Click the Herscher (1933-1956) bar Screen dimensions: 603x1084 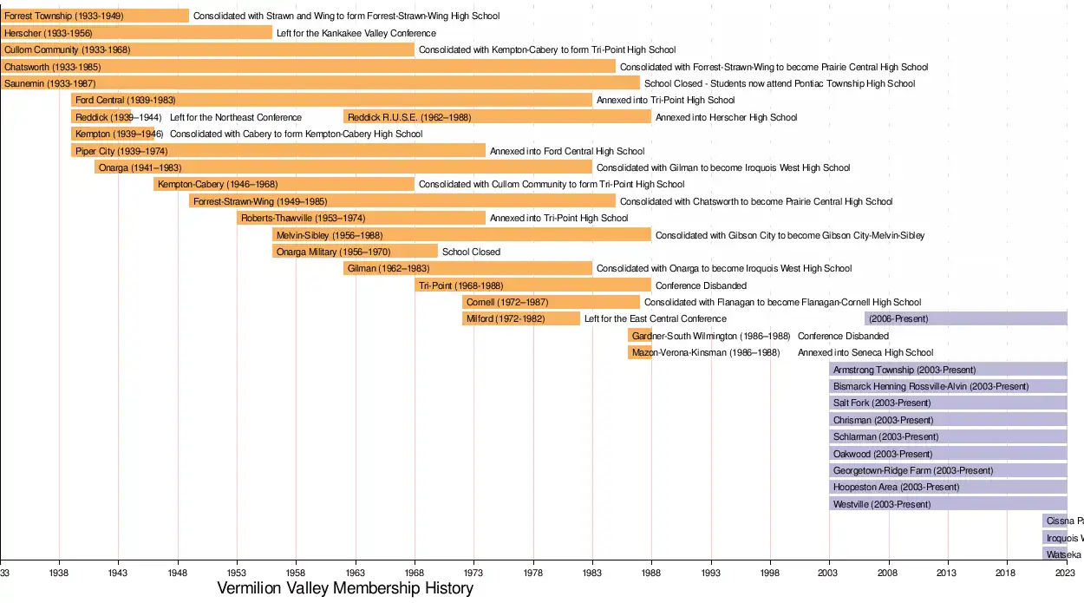click(x=136, y=33)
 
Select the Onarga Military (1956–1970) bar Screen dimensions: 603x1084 click(x=355, y=252)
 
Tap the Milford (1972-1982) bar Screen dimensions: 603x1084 click(x=521, y=319)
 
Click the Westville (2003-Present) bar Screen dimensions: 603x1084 click(x=948, y=504)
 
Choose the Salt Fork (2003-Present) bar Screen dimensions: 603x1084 click(x=948, y=403)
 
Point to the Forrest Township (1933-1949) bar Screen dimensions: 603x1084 click(x=95, y=16)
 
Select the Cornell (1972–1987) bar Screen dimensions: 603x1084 click(x=551, y=302)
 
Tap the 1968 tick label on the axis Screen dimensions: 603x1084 click(x=415, y=573)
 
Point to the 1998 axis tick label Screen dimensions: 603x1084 click(x=770, y=573)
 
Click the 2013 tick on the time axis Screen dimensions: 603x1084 click(x=948, y=573)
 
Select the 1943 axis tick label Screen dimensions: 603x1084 click(x=118, y=573)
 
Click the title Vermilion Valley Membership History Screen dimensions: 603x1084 click(x=345, y=589)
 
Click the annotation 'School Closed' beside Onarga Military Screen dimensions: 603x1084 click(x=471, y=252)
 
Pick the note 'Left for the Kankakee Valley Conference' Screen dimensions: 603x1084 click(x=356, y=33)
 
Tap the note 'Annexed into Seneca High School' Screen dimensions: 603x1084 click(x=865, y=352)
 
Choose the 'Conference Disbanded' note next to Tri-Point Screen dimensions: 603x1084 click(x=701, y=285)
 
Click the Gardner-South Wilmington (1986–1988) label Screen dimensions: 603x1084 click(x=711, y=336)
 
